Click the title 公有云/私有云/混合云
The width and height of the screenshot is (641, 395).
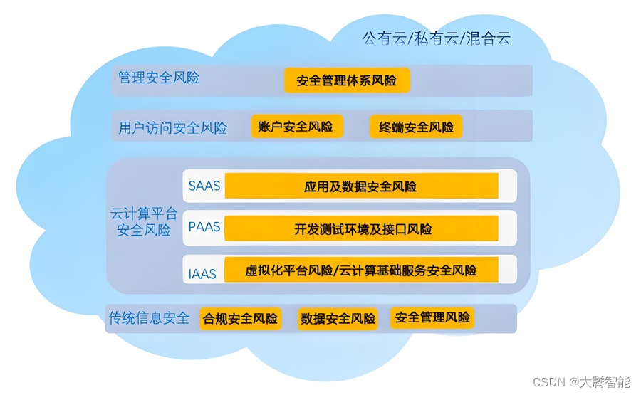coord(436,38)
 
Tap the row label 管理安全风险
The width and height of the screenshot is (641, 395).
coord(159,77)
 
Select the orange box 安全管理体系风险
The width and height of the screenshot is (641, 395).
coord(347,80)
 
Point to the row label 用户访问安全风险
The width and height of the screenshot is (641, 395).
coord(172,128)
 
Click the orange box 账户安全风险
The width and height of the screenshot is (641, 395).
coord(297,126)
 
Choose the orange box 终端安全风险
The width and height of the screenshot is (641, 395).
coord(416,127)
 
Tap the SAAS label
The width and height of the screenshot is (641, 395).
coord(204,186)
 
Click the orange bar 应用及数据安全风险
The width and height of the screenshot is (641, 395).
coord(361,186)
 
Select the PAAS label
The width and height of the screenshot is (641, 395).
coord(204,227)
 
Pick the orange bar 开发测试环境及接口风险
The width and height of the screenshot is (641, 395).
coord(361,228)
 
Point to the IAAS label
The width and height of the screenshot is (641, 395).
coord(202,274)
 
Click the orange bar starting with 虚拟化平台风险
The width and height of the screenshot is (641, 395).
coord(361,270)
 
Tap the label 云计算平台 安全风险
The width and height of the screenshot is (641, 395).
coord(143,222)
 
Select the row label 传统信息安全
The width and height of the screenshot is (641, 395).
coord(149,317)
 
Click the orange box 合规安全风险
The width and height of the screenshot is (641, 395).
coord(241,319)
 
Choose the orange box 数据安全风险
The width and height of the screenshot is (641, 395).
coord(338,319)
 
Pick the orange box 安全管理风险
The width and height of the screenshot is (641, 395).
coord(432,317)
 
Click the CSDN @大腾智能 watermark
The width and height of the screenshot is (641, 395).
coord(581,382)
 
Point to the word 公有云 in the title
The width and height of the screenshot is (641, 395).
coord(385,38)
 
